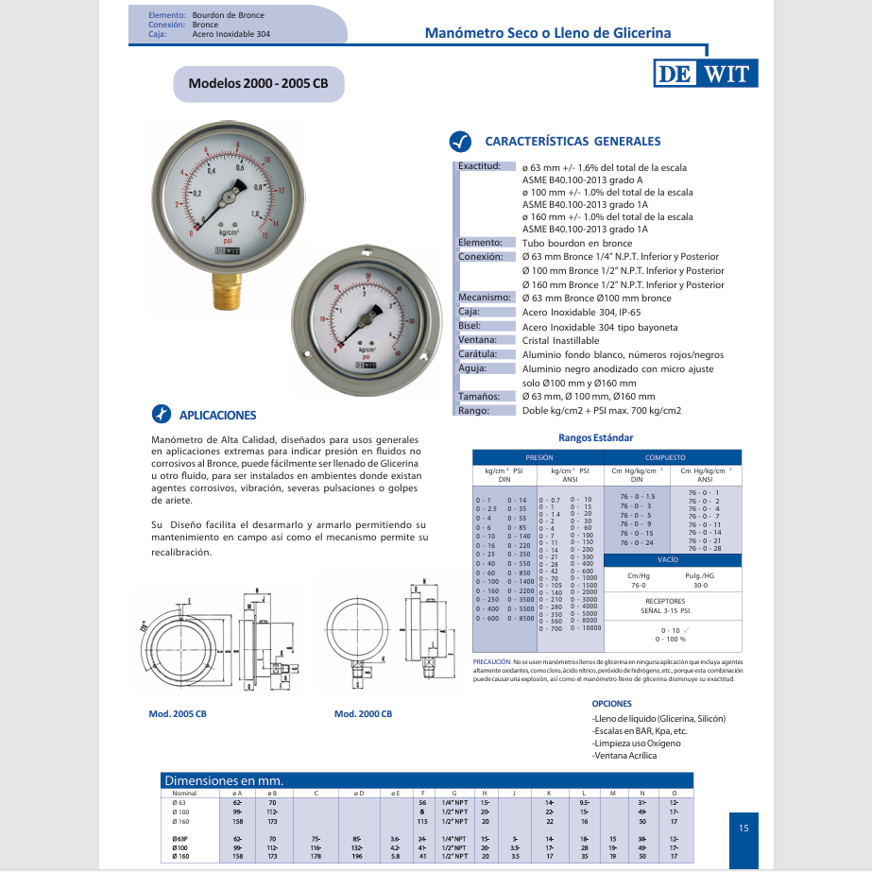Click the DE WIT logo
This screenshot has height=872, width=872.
pos(705,76)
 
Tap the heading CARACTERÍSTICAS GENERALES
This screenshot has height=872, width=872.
pos(573,141)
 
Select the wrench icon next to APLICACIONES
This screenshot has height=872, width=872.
pos(162,414)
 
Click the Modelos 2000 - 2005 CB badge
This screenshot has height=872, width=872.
pos(258,83)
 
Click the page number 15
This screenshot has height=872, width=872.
pos(743,829)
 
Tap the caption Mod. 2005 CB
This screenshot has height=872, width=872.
pos(178,714)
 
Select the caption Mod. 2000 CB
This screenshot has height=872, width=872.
pos(363,714)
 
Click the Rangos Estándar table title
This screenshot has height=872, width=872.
pos(595,437)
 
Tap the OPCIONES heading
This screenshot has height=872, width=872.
pos(611,704)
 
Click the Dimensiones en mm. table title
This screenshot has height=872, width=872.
pos(225,780)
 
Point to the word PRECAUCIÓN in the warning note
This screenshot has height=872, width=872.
pos(491,662)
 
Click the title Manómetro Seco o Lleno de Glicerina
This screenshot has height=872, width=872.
pos(548,32)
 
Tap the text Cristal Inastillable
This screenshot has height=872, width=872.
pos(560,340)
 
